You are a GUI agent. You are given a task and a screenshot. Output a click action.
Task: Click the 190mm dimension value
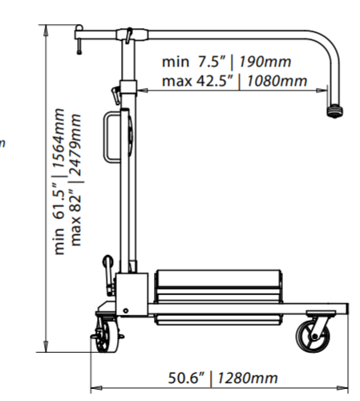click(265, 62)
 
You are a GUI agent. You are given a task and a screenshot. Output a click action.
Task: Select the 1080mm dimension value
click(277, 81)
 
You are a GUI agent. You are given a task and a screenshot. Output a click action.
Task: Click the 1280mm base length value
click(248, 378)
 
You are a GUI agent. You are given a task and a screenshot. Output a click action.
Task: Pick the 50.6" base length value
click(186, 378)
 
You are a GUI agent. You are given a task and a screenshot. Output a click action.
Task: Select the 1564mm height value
click(59, 138)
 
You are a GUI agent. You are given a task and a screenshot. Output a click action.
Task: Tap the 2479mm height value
click(75, 144)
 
